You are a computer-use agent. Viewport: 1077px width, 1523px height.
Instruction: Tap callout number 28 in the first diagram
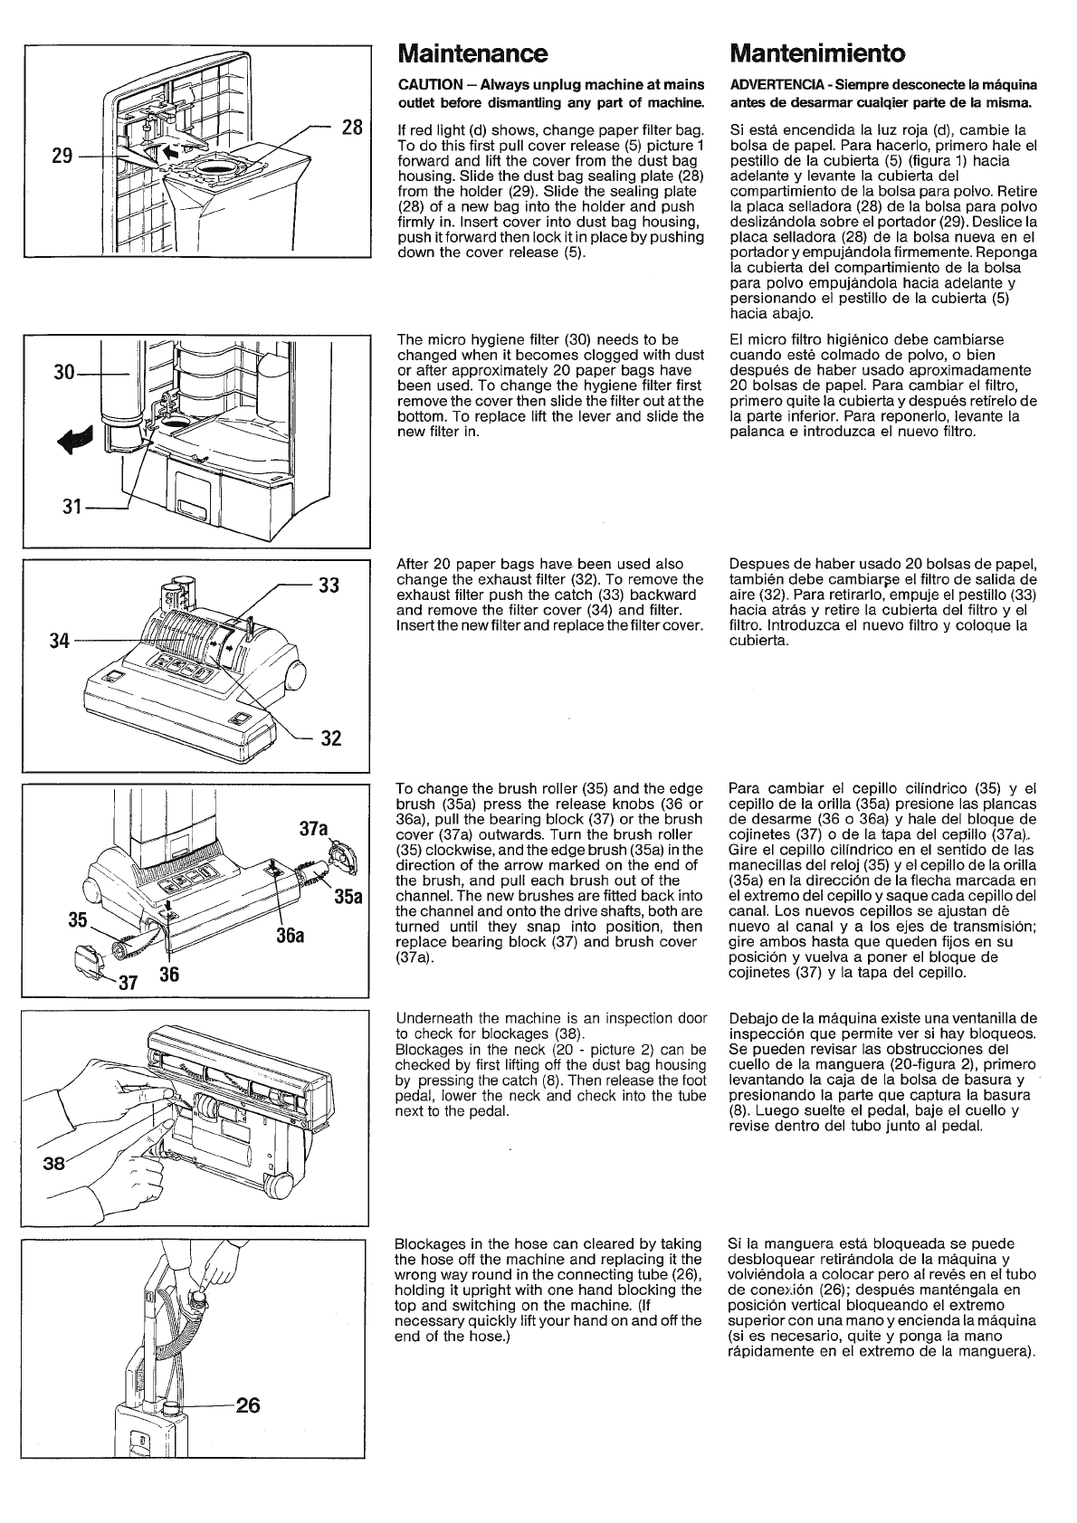click(x=352, y=128)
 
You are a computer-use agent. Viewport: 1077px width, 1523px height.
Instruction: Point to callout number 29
click(x=62, y=155)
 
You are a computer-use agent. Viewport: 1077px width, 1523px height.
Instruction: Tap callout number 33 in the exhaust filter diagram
click(x=329, y=585)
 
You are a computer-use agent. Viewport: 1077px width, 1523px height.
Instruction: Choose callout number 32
click(x=330, y=738)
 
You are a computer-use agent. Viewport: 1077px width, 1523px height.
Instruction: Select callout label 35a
click(x=348, y=897)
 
